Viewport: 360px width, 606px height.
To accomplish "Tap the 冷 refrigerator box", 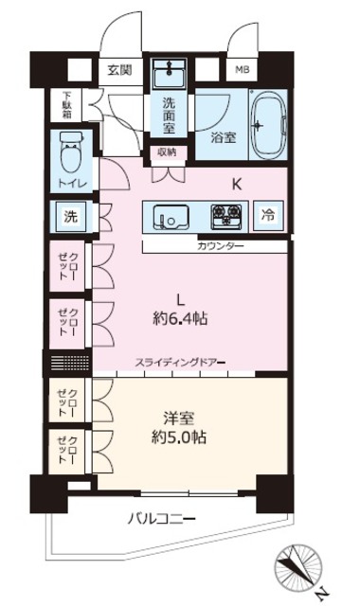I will point(268,215).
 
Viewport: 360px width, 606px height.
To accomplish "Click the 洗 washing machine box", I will point(70,215).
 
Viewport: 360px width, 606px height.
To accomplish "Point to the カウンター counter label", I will point(220,246).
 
